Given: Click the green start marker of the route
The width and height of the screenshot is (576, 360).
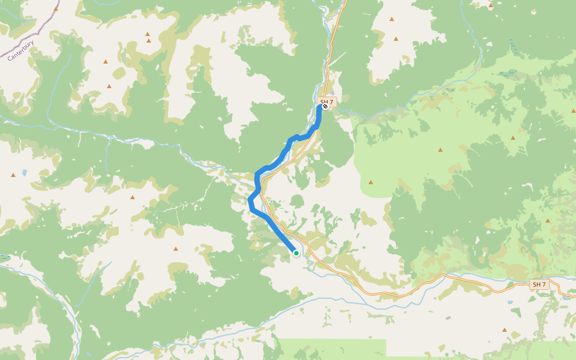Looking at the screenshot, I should pyautogui.click(x=296, y=253).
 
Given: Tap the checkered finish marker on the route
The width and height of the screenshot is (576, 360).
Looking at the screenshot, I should pyautogui.click(x=325, y=106).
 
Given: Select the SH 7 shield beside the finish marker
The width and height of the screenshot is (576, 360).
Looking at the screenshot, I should pyautogui.click(x=327, y=102).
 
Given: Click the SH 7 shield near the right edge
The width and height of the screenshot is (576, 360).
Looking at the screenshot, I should pyautogui.click(x=539, y=284).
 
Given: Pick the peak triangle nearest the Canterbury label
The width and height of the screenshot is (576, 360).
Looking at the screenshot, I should pyautogui.click(x=56, y=9).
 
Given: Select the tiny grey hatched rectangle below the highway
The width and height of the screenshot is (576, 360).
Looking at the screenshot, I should pyautogui.click(x=448, y=318).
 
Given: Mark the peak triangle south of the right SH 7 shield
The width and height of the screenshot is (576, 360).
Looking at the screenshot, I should pyautogui.click(x=504, y=330).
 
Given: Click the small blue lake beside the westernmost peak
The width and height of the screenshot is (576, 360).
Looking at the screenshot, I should pyautogui.click(x=24, y=173).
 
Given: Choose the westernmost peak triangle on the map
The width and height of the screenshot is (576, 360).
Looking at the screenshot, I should pyautogui.click(x=13, y=175).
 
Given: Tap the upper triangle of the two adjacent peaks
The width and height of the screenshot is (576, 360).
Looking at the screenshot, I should pyautogui.click(x=147, y=34).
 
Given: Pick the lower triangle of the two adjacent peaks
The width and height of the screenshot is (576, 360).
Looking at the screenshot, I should pyautogui.click(x=149, y=41).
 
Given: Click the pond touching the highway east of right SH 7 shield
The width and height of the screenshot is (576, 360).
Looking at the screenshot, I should pyautogui.click(x=566, y=296).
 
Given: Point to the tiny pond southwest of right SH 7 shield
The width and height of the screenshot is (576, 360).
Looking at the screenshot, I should pyautogui.click(x=511, y=302).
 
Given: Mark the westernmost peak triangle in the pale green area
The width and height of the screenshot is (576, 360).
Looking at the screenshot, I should pyautogui.click(x=371, y=182).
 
